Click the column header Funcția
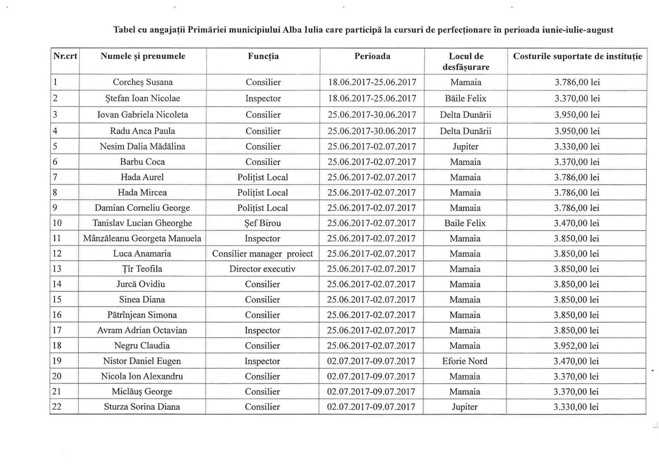(x=263, y=56)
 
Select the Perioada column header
(x=372, y=56)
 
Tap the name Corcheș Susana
(x=143, y=82)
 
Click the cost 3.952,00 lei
(x=576, y=346)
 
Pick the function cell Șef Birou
(x=263, y=223)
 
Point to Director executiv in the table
(x=262, y=269)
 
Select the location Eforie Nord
(x=465, y=361)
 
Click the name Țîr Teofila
(x=142, y=269)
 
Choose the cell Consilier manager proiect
(x=262, y=254)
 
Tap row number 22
(x=57, y=407)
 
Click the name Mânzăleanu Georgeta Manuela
(x=142, y=238)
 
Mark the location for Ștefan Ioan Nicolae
(x=465, y=99)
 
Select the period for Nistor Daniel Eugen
(x=371, y=361)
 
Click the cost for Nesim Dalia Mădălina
(x=577, y=147)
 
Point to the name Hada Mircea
(x=142, y=193)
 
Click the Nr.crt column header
(x=65, y=56)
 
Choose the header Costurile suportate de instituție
(x=577, y=56)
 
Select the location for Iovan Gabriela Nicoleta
(x=465, y=115)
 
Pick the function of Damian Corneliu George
(x=263, y=208)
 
